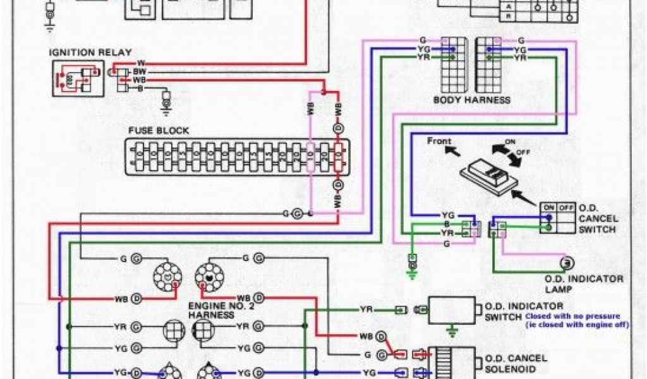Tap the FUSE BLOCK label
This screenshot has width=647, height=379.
click(x=159, y=130)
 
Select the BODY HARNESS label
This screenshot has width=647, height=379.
click(x=471, y=100)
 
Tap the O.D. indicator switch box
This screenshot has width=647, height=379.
click(x=452, y=310)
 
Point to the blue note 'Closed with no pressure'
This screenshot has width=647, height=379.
click(x=572, y=315)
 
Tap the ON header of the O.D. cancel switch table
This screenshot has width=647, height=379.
click(x=548, y=207)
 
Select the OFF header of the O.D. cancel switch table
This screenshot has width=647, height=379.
click(x=565, y=207)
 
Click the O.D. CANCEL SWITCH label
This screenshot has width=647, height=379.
click(x=597, y=219)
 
